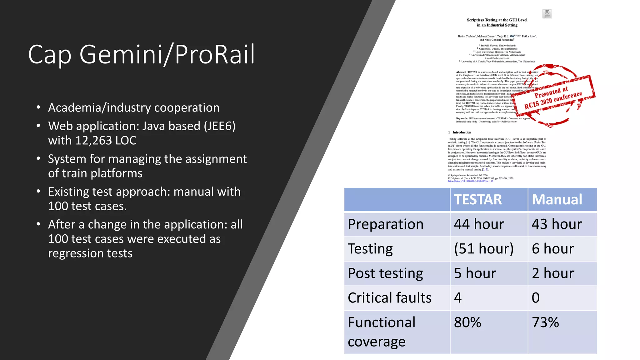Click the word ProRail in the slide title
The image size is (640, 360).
(215, 54)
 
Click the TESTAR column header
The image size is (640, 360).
(478, 200)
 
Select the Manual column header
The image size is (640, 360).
(557, 200)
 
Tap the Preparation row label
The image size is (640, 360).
(386, 224)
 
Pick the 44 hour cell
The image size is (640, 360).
(479, 224)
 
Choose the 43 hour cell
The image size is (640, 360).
(557, 224)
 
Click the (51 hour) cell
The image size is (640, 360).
(484, 249)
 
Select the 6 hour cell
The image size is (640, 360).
(553, 249)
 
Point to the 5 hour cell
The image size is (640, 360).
(475, 273)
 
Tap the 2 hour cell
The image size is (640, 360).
(553, 273)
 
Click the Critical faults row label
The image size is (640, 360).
(389, 298)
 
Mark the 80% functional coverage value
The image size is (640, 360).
(467, 322)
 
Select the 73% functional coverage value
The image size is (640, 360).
(545, 322)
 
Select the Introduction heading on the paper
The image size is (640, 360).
(462, 132)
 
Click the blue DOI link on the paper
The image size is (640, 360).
(470, 181)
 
